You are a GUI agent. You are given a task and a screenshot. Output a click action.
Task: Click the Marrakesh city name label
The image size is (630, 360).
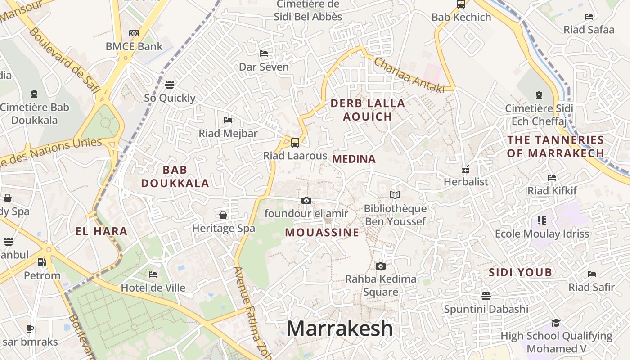[x=340, y=328]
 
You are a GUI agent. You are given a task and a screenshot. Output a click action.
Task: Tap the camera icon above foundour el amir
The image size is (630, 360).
[x=306, y=200]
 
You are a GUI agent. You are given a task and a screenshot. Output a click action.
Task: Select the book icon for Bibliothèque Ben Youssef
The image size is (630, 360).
[x=395, y=195]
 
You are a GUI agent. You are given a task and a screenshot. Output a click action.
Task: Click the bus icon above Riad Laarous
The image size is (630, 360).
[x=295, y=143]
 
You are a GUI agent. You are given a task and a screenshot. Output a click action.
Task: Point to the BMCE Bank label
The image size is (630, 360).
[x=134, y=46]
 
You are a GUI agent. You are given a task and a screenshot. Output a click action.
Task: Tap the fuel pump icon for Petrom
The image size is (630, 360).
[x=42, y=262]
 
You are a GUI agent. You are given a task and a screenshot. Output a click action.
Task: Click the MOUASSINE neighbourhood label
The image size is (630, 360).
[x=322, y=233]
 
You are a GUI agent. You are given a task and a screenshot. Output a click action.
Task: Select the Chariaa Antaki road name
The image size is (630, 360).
[x=409, y=75]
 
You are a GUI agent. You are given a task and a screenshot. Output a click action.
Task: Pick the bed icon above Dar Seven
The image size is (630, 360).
[x=264, y=54]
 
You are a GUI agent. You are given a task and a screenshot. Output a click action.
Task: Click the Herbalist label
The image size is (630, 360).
[x=466, y=182]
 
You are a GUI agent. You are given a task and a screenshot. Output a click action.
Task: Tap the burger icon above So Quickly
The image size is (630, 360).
[x=170, y=84]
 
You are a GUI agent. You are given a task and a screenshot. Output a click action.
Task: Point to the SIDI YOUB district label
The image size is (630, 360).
[x=520, y=272]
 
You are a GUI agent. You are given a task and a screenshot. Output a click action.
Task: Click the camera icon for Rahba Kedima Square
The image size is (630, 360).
[x=381, y=266]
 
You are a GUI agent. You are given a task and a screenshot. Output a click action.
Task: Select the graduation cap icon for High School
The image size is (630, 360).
[x=556, y=323]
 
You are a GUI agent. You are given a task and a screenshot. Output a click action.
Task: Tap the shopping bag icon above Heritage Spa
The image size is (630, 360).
[x=223, y=215]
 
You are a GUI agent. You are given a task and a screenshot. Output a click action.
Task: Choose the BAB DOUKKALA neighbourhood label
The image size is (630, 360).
[x=175, y=176]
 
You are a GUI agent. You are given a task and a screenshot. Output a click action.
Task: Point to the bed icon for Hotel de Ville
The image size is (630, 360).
[x=153, y=274]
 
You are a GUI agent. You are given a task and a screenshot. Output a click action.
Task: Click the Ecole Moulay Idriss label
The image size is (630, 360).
[x=542, y=234]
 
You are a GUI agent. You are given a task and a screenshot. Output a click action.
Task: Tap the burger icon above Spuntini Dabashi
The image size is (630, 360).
[x=486, y=296]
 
